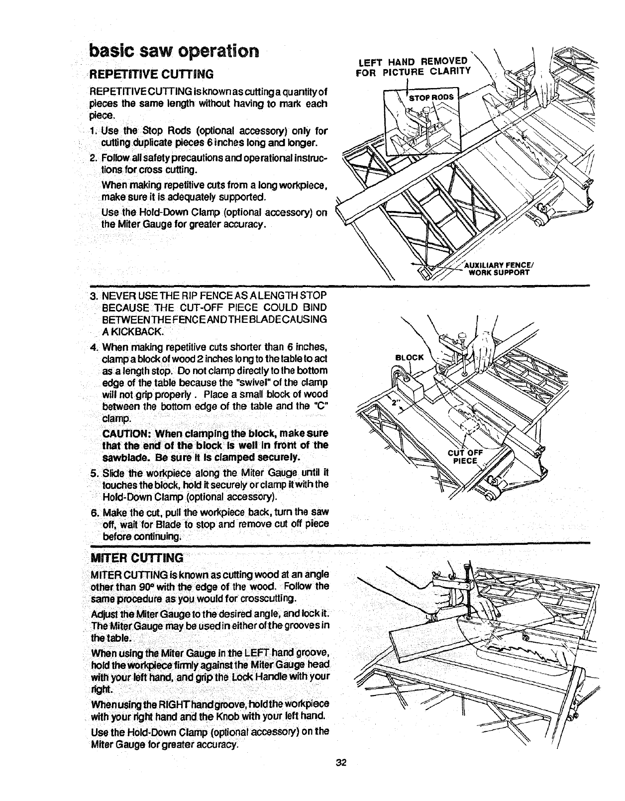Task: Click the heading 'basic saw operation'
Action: pyautogui.click(x=174, y=51)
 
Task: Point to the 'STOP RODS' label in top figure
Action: pyautogui.click(x=431, y=98)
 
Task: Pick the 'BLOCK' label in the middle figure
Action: pyautogui.click(x=409, y=357)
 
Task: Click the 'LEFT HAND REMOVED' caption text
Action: pyautogui.click(x=413, y=62)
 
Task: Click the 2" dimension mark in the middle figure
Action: pyautogui.click(x=396, y=403)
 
